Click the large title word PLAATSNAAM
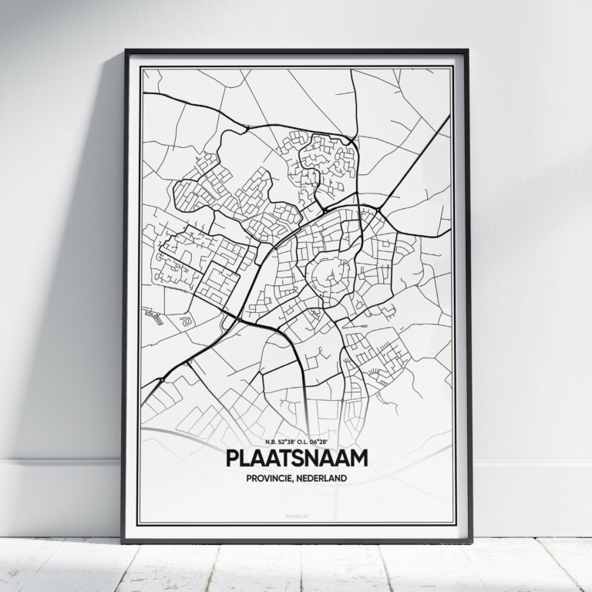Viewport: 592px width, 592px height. pyautogui.click(x=296, y=458)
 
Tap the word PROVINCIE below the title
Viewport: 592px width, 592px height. pyautogui.click(x=271, y=479)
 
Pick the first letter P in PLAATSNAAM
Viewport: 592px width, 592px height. pyautogui.click(x=234, y=458)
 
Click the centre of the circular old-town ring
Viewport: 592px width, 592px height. pyautogui.click(x=327, y=274)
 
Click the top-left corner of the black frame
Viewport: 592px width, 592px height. pyautogui.click(x=126, y=52)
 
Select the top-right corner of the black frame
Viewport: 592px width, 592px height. pyautogui.click(x=467, y=52)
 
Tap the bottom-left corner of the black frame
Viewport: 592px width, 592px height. pyautogui.click(x=123, y=541)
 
